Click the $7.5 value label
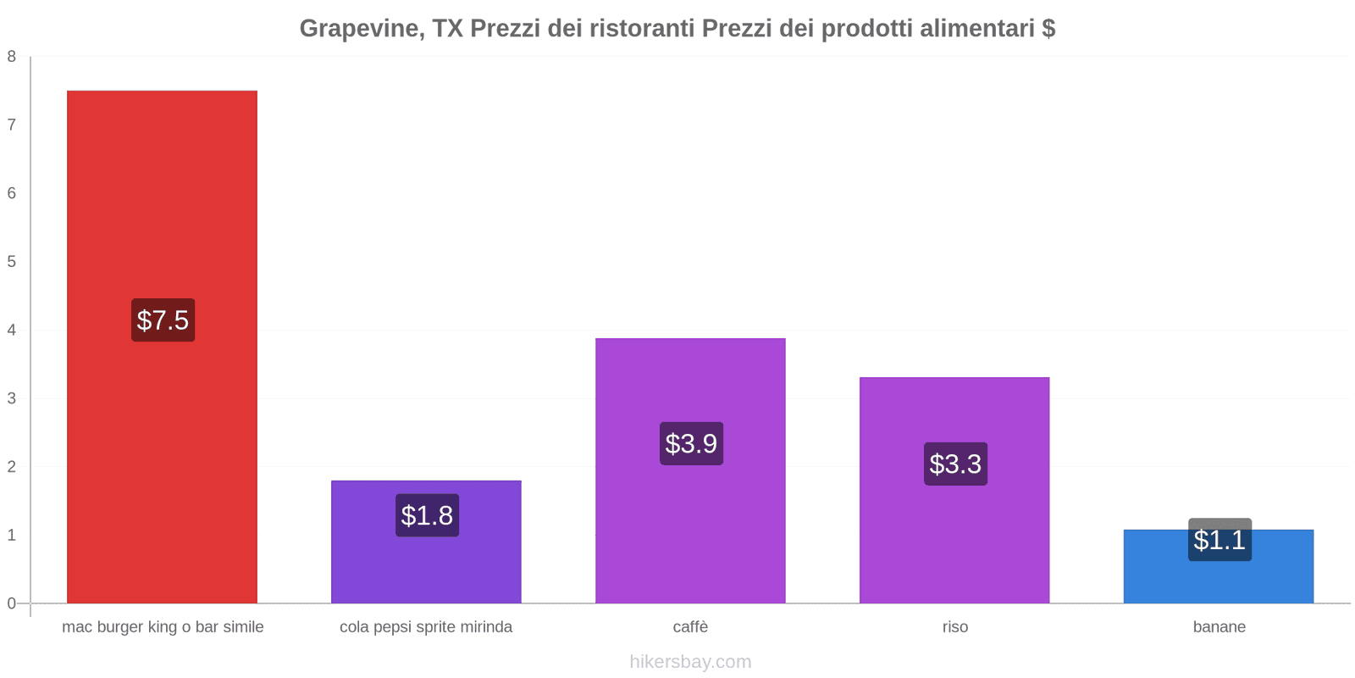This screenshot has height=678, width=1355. coord(163,320)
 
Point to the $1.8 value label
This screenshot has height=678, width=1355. coord(427,515)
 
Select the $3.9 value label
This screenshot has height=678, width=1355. coord(691,443)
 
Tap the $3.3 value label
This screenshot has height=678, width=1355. coord(955,464)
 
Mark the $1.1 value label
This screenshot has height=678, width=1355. coord(1219,540)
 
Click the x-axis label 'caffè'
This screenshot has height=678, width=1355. coord(690,627)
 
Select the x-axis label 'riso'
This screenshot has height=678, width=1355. coord(955,627)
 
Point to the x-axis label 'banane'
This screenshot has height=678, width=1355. coord(1219,627)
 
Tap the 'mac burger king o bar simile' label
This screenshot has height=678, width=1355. coord(163,627)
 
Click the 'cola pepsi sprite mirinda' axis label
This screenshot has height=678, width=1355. coord(426,627)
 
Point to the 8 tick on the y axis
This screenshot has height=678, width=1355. coord(12,57)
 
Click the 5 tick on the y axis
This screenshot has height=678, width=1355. coord(12,262)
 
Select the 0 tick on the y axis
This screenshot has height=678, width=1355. coord(12,603)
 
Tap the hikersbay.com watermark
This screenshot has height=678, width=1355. coord(690,662)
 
